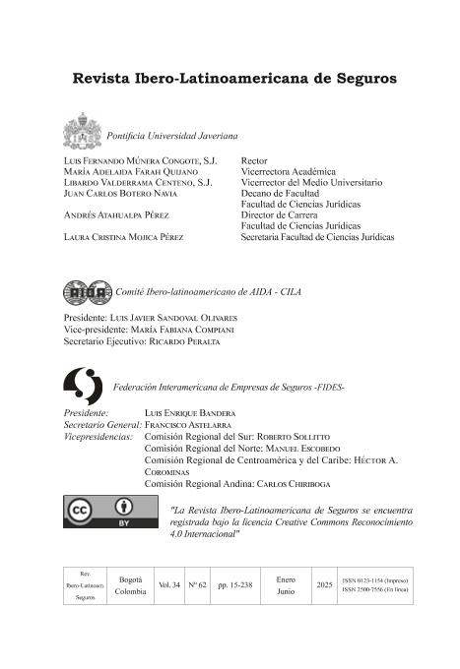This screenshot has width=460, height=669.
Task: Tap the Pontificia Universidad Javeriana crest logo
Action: tap(83, 131)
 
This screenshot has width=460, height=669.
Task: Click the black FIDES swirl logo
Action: tap(81, 386)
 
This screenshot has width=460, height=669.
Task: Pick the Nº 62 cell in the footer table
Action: tap(196, 584)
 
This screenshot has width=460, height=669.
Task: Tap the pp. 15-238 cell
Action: tap(234, 584)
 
